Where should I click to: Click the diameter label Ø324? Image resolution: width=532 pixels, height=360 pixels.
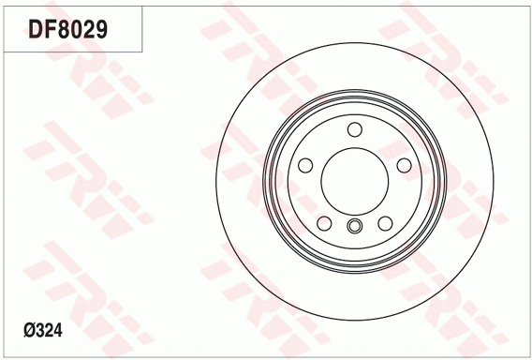tap(42, 330)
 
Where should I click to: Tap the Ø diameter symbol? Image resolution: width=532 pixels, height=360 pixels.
tap(27, 330)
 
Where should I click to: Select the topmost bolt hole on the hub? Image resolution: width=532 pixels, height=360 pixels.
tap(354, 129)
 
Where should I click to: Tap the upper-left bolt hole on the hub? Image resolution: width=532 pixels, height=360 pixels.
tap(305, 165)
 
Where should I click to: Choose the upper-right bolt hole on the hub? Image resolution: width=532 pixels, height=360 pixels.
tap(403, 165)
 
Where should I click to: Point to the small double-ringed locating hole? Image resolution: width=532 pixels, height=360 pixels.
tap(354, 225)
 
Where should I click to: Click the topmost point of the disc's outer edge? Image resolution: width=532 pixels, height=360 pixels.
tap(354, 41)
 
